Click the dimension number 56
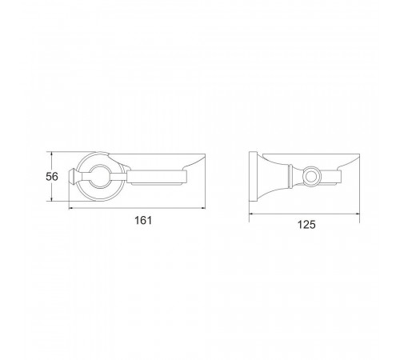click(x=52, y=177)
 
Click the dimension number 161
click(x=143, y=221)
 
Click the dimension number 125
click(x=306, y=225)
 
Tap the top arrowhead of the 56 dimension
click(x=51, y=154)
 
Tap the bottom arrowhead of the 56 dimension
click(x=51, y=199)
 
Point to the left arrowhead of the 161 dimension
click(x=71, y=208)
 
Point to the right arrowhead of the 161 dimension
click(x=203, y=208)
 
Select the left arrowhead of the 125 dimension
click(x=251, y=214)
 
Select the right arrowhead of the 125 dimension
click(x=358, y=214)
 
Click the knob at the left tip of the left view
click(x=72, y=176)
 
